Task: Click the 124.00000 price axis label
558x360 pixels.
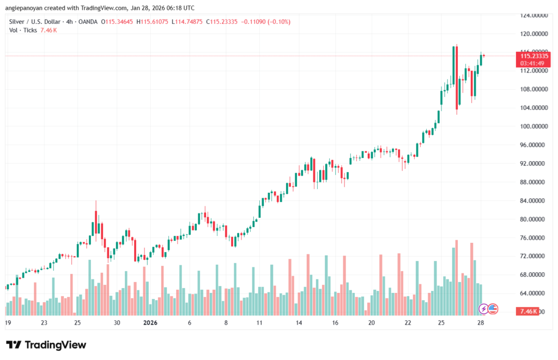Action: point(533,15)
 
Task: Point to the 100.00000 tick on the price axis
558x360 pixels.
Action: point(533,126)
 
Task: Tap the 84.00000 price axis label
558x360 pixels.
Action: point(533,200)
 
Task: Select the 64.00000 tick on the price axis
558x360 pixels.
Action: point(533,293)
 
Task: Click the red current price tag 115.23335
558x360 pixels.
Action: point(533,56)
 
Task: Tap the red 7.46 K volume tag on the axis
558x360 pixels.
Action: point(528,311)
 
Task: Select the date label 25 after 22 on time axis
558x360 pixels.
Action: point(440,322)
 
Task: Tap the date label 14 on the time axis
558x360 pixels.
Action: point(299,322)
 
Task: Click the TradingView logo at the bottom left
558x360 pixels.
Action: point(46,345)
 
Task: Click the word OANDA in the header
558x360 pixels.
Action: point(88,22)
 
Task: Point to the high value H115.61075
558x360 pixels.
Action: point(152,22)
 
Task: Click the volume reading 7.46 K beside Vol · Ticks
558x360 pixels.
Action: point(49,30)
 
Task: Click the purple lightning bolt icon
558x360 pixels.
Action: point(483,309)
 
